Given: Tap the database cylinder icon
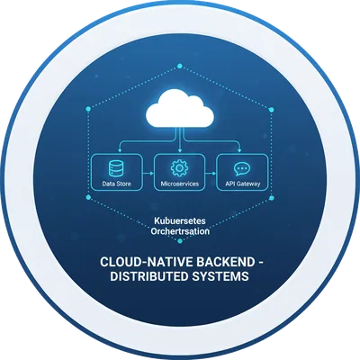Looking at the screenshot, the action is click(x=116, y=168).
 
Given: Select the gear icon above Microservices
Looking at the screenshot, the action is click(x=179, y=168).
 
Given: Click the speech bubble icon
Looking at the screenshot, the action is click(x=242, y=169).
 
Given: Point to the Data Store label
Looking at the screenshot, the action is click(x=116, y=184).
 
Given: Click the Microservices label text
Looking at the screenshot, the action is click(x=180, y=184).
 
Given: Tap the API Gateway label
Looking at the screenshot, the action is click(x=243, y=184).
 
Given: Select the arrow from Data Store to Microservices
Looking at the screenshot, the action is click(x=148, y=173).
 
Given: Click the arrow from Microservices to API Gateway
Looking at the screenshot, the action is click(x=211, y=173).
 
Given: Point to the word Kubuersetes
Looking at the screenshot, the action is click(x=180, y=220).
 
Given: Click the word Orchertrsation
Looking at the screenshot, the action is click(x=180, y=231).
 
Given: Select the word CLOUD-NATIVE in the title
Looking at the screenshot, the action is click(x=147, y=262).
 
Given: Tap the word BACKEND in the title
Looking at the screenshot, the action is click(x=225, y=262).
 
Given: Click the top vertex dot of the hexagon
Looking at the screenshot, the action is click(x=180, y=66).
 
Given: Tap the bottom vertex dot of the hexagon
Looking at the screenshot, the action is click(x=180, y=240).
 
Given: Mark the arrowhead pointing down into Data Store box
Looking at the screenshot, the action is click(x=120, y=150).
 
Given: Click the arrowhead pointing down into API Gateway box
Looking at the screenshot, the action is click(x=239, y=150).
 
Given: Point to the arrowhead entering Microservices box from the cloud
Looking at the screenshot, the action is click(x=180, y=150).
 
